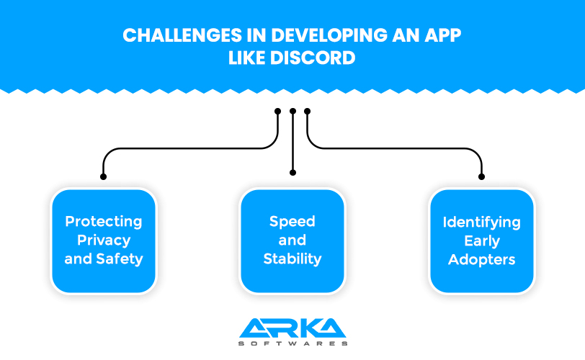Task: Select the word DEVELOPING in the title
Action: (329, 35)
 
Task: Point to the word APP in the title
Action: (442, 35)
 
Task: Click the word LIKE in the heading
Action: (246, 58)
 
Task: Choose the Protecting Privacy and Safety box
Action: (104, 241)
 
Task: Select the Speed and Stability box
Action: (292, 241)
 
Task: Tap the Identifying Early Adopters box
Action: (482, 241)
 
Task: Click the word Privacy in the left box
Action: (104, 240)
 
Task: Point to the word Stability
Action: (292, 259)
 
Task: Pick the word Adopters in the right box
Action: (482, 260)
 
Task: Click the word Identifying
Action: (482, 223)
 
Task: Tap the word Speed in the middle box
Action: (292, 222)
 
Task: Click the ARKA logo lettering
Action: (292, 328)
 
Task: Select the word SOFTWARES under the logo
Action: (293, 343)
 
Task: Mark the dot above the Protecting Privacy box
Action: (103, 176)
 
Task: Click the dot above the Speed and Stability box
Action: (293, 173)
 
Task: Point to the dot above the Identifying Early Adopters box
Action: (482, 176)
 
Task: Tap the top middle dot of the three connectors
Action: (293, 111)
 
